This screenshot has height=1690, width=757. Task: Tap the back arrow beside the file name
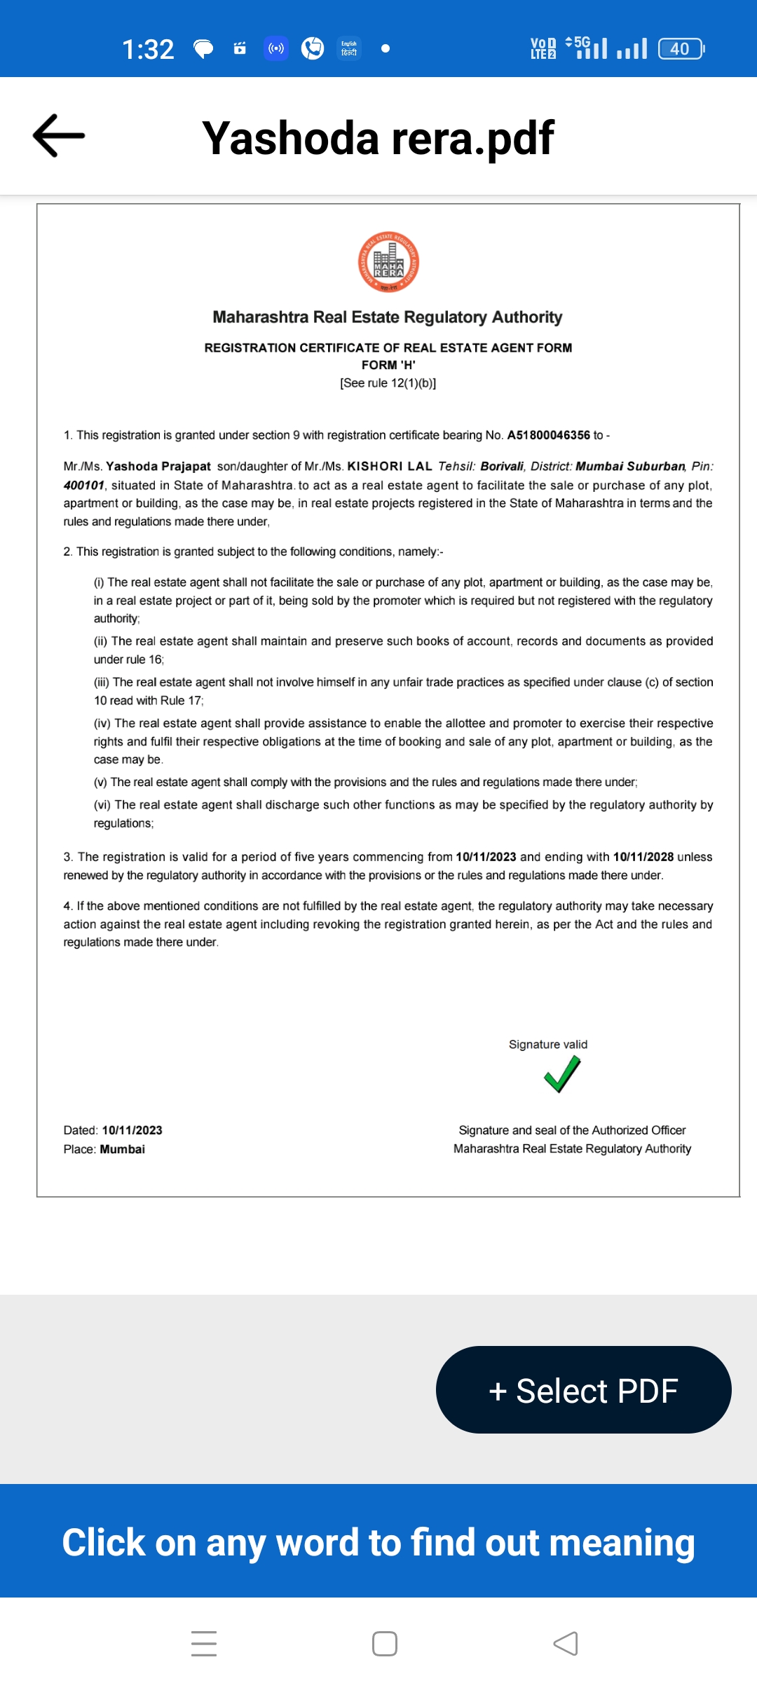point(59,135)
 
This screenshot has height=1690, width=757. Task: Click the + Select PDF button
point(583,1390)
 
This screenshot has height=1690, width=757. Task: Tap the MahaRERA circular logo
point(388,262)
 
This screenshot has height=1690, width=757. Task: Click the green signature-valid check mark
point(562,1075)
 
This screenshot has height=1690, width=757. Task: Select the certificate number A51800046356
point(548,435)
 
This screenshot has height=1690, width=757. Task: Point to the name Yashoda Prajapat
point(158,467)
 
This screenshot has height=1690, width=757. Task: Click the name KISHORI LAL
point(390,467)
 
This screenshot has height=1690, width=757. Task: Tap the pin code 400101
point(83,485)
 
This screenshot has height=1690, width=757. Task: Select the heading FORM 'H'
point(388,365)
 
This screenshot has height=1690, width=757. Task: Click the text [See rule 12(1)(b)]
point(388,383)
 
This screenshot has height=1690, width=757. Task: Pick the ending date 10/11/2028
point(643,857)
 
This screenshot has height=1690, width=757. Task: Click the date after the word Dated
point(132,1130)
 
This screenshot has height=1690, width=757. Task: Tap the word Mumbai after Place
point(123,1149)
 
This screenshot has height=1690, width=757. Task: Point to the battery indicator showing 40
point(681,49)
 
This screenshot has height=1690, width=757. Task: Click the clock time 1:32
point(148,49)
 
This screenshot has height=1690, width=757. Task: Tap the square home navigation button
point(385,1644)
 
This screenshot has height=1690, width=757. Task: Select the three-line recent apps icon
point(204,1644)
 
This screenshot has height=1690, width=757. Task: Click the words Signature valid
point(548,1045)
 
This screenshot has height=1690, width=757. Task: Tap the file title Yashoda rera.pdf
point(378,137)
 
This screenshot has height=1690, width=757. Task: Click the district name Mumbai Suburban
point(630,467)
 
